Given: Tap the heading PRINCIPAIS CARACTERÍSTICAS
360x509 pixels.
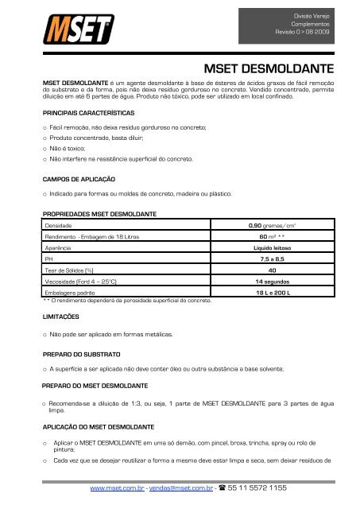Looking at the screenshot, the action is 88,114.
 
